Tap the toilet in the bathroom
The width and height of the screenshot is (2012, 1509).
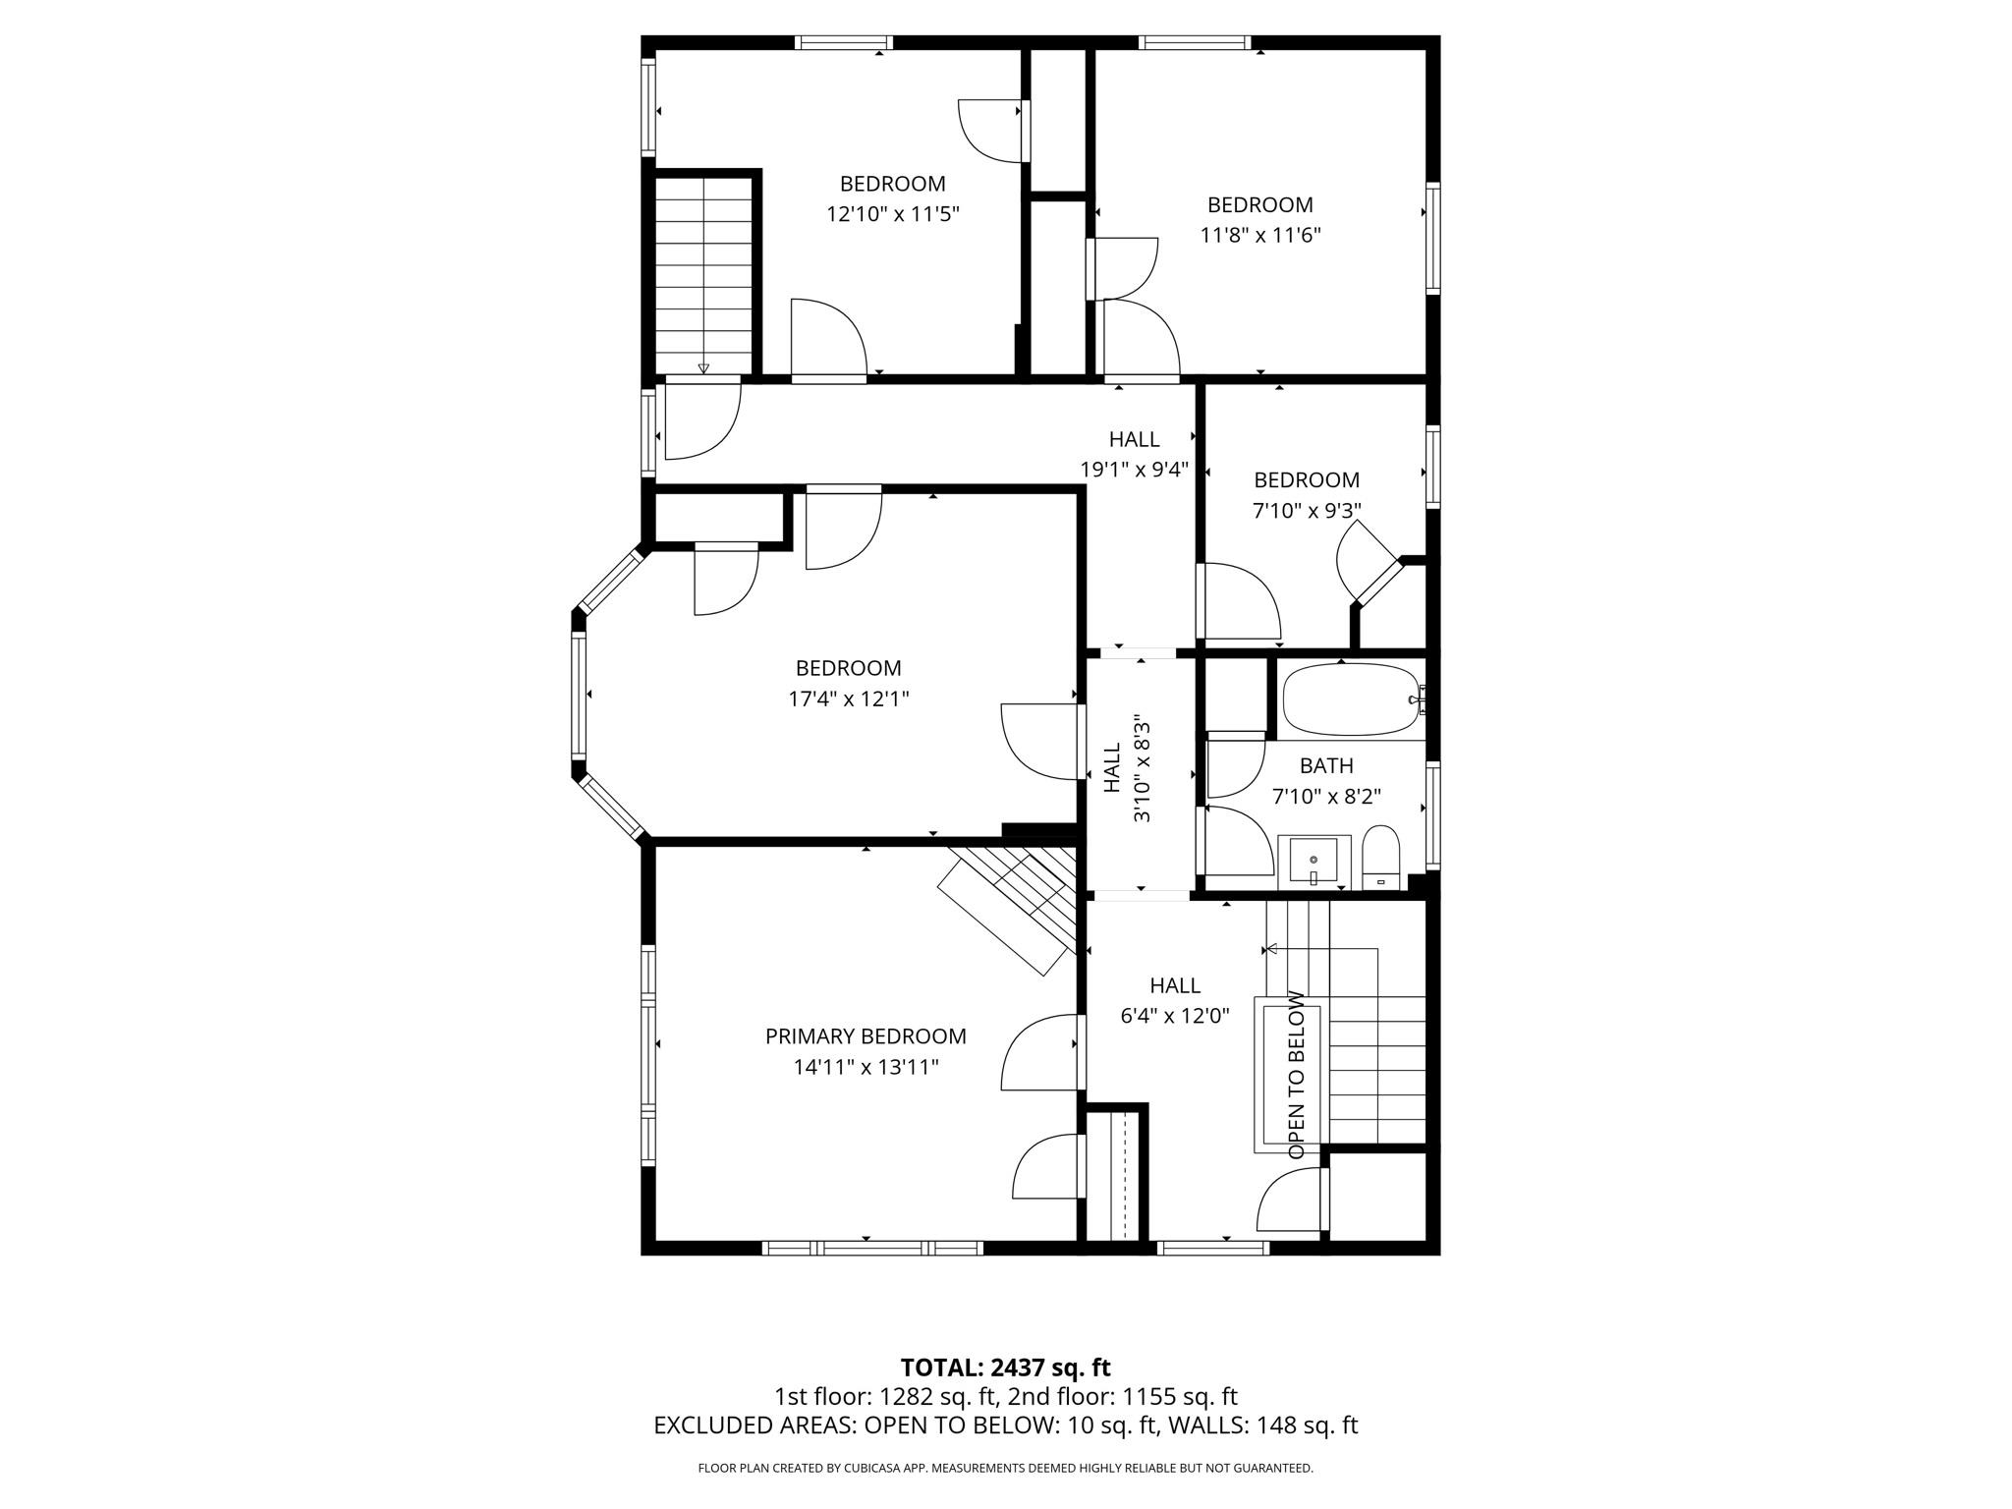1380,857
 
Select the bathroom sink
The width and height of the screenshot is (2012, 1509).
1313,862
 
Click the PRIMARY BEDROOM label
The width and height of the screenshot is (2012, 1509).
866,1036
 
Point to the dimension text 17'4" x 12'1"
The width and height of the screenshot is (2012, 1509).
849,699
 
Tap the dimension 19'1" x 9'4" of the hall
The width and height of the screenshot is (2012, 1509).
1135,470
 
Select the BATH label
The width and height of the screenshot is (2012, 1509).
1326,765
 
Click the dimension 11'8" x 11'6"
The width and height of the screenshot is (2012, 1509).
1260,236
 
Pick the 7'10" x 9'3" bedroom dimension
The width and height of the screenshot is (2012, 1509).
1307,511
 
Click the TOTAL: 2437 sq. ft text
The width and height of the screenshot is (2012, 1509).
1005,1368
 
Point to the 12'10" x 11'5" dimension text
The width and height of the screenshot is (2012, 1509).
892,214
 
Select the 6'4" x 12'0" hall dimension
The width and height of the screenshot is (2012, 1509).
1175,1016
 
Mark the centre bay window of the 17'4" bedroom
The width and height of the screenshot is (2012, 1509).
579,694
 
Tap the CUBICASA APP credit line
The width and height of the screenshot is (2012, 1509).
1005,1469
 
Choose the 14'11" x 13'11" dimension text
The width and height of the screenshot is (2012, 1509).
866,1067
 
